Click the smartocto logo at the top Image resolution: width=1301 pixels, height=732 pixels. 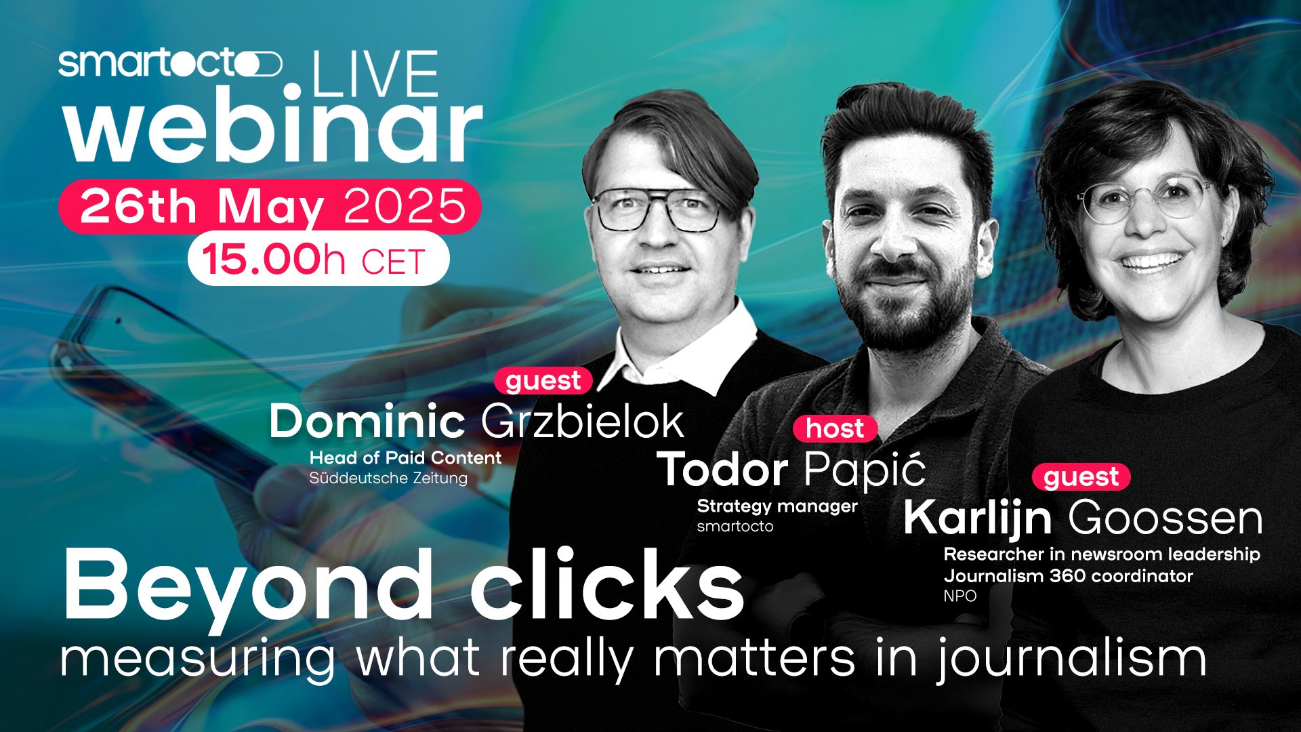170,64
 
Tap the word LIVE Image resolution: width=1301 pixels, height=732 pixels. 375,74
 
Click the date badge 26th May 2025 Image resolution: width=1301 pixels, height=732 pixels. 270,206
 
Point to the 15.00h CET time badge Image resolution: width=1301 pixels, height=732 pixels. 318,259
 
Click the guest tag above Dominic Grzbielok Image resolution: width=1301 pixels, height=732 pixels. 543,380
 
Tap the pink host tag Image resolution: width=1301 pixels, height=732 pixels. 835,428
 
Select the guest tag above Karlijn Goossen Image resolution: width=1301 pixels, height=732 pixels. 1081,477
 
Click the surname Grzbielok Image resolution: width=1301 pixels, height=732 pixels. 583,422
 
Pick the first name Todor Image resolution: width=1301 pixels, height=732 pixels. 723,470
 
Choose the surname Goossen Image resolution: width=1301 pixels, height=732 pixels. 1165,518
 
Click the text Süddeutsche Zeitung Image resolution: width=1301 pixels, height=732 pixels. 388,478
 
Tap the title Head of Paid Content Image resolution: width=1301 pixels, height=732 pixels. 405,457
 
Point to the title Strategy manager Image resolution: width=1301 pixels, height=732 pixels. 777,506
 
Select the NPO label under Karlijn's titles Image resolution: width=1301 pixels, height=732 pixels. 960,596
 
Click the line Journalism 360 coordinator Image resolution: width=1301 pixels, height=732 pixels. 1068,576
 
